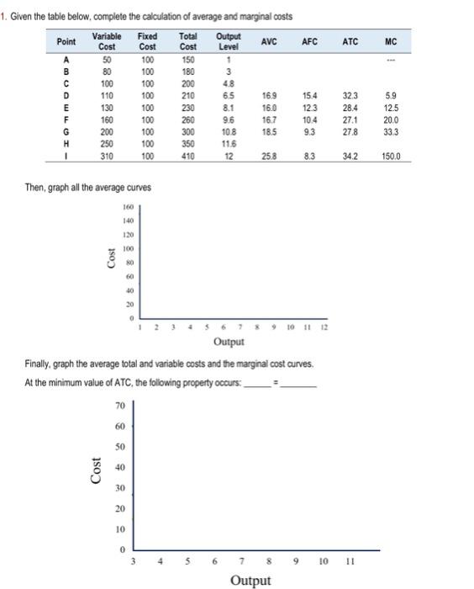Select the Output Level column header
(x=229, y=42)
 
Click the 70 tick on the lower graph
(x=120, y=406)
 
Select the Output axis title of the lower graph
(x=250, y=581)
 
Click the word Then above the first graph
(x=34, y=186)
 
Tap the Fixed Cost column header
(x=147, y=42)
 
